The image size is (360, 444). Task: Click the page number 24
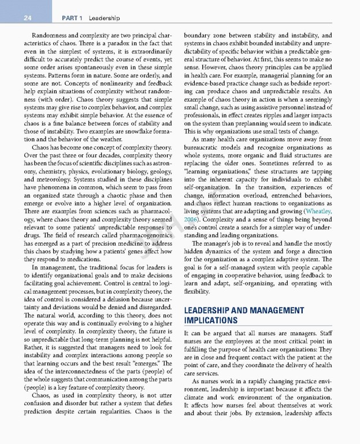pos(27,18)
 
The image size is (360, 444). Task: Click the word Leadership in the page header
pos(103,18)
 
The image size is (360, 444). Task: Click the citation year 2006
pos(191,220)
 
